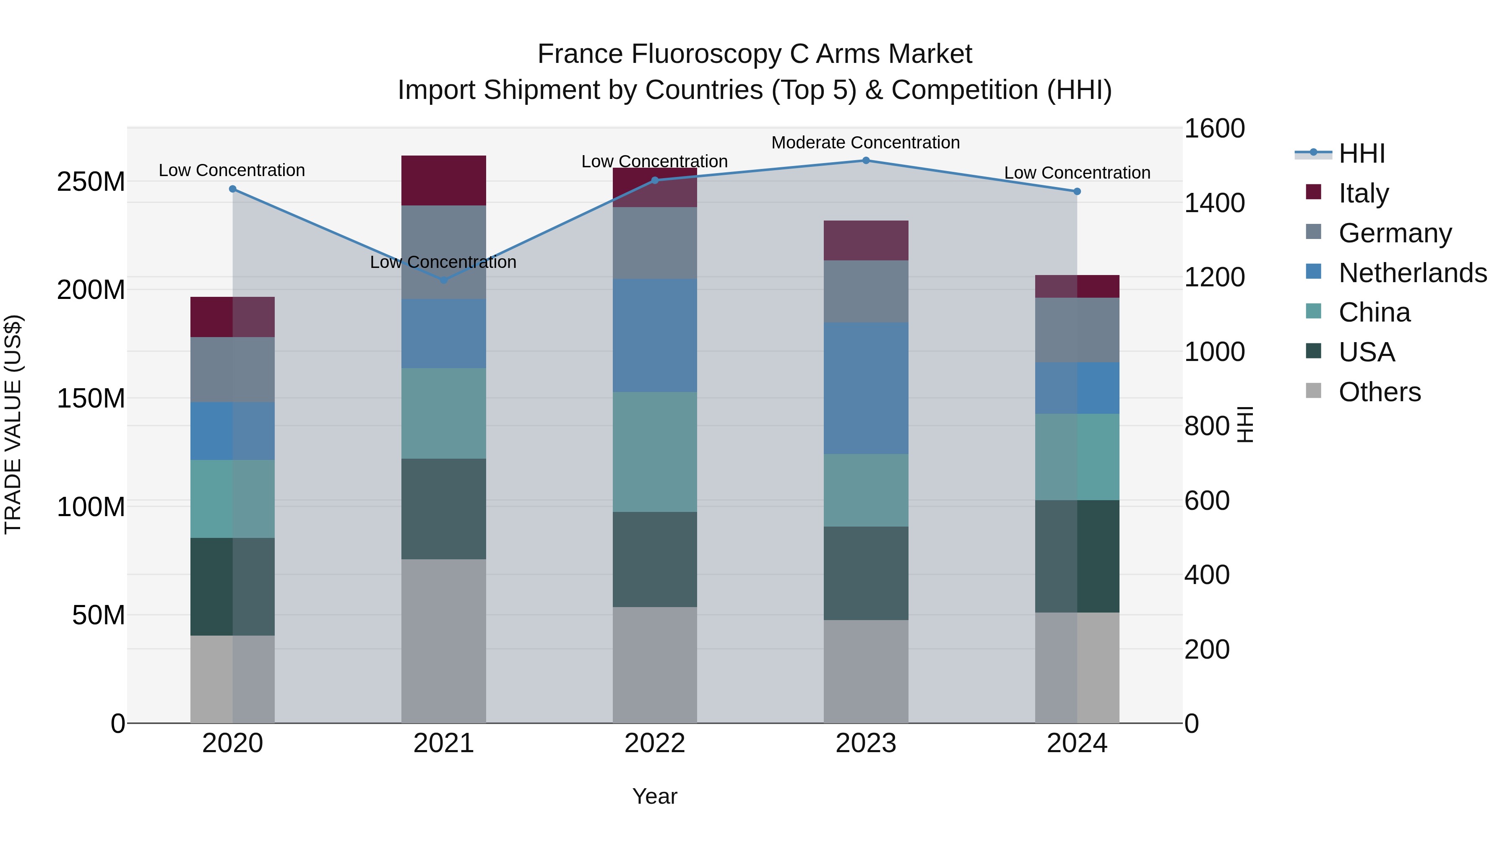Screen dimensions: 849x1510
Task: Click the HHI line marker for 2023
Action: coord(866,161)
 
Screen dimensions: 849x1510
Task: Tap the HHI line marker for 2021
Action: coord(444,280)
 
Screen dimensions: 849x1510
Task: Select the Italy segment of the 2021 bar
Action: coord(444,180)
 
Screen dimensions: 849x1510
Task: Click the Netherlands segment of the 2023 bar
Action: coord(866,388)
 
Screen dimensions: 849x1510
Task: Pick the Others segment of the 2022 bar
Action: coord(655,665)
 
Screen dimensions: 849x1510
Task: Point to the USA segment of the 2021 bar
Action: coord(444,509)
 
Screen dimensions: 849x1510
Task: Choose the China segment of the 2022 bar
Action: coord(655,452)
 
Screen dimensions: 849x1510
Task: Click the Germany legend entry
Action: coord(1395,233)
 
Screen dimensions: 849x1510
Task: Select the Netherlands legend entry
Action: coord(1413,273)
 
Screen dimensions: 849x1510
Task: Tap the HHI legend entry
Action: coord(1362,153)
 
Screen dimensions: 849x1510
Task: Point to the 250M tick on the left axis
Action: coord(91,182)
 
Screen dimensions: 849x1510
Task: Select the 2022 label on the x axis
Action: coord(655,743)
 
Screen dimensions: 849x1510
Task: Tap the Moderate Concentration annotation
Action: coord(865,143)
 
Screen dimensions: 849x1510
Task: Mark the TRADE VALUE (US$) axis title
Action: coord(13,425)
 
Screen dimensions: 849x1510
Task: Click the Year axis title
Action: coord(655,796)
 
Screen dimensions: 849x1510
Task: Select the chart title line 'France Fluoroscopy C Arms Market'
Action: coord(755,54)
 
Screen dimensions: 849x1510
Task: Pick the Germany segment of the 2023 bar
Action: coord(866,291)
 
